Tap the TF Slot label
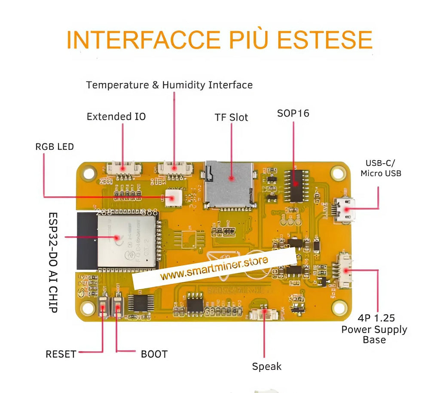pyautogui.click(x=231, y=117)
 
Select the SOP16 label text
pyautogui.click(x=293, y=113)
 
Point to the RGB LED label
pyautogui.click(x=55, y=147)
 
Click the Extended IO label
pyautogui.click(x=116, y=116)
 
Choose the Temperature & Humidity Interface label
pyautogui.click(x=169, y=85)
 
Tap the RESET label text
pyautogui.click(x=61, y=354)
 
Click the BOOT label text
pyautogui.click(x=154, y=354)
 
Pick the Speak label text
pyautogui.click(x=266, y=366)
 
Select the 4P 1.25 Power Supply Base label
pyautogui.click(x=374, y=329)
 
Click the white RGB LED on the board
pyautogui.click(x=172, y=198)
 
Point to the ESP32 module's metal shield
pyautogui.click(x=125, y=239)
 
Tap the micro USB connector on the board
pyautogui.click(x=345, y=210)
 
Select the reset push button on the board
pyautogui.click(x=103, y=306)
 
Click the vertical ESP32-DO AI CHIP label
pyautogui.click(x=53, y=262)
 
